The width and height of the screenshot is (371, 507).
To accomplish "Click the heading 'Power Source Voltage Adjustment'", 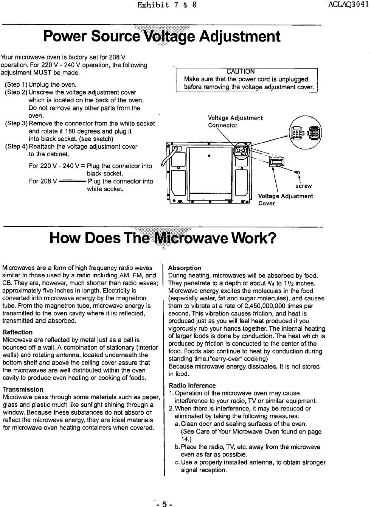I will (162, 37).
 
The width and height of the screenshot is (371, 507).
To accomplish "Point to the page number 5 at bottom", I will (164, 504).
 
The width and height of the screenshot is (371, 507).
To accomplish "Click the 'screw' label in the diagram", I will (303, 186).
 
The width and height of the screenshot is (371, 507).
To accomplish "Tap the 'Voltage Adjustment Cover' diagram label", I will (285, 199).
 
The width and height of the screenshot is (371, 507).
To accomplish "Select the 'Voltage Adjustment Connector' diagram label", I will (235, 121).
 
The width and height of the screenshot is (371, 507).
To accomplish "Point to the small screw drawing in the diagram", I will (298, 173).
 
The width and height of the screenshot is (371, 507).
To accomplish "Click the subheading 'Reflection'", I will (17, 332).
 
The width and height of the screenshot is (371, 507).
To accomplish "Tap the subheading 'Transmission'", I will (23, 389).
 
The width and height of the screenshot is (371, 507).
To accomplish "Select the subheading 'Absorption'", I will (185, 268).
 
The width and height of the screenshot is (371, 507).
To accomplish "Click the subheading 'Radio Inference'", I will (192, 386).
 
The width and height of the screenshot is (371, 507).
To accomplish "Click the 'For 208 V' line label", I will (43, 181).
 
